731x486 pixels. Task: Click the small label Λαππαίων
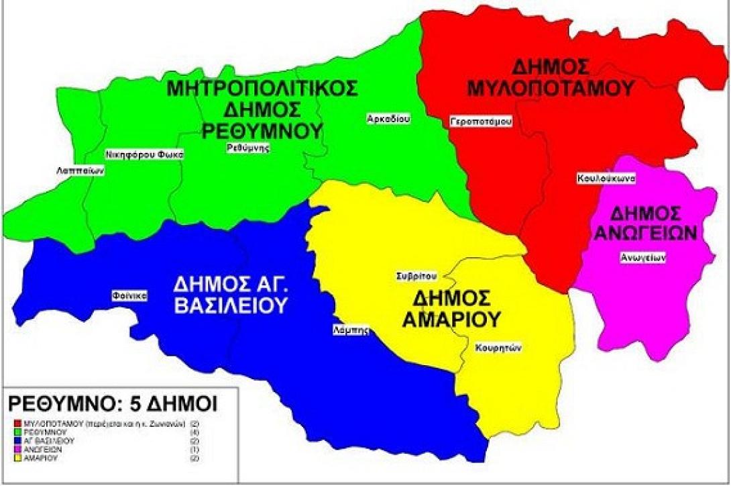[x=80, y=171]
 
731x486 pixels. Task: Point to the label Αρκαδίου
[x=388, y=119]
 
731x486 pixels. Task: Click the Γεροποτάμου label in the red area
[x=481, y=121]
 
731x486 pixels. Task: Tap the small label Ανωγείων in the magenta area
[x=642, y=256]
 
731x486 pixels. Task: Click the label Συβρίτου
[x=416, y=275]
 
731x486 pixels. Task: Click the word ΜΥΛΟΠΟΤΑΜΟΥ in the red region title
[x=561, y=87]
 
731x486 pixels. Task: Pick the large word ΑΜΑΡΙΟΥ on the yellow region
[x=451, y=320]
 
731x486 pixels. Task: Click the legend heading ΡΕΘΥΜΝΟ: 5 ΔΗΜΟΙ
[x=112, y=405]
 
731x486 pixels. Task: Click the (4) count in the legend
[x=214, y=432]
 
